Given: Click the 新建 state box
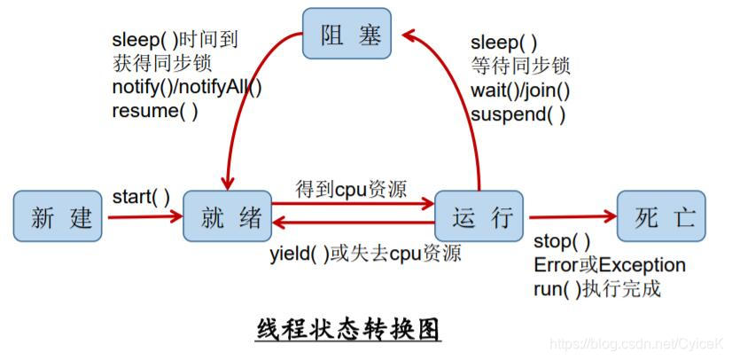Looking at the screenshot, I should click(58, 216).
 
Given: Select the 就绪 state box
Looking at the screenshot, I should click(227, 216).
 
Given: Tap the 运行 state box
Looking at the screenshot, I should click(479, 216).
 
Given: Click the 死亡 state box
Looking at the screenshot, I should click(661, 216).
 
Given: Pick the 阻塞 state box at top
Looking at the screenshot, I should click(346, 36).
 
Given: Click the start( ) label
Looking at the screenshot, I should click(142, 196).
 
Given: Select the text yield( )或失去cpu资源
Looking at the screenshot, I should click(365, 254).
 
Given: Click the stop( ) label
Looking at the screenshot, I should click(562, 242).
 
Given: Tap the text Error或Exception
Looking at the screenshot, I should click(610, 265).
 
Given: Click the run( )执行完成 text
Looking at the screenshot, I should click(597, 289).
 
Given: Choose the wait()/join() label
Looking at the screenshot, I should click(520, 90).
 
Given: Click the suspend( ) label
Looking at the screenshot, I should click(518, 113).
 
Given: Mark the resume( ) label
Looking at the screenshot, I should click(155, 111).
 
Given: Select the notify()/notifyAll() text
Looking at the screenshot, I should click(187, 88).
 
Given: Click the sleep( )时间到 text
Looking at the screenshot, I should click(175, 41).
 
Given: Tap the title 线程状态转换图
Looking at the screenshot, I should click(348, 329).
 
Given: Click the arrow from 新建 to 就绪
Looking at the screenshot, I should click(142, 216).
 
